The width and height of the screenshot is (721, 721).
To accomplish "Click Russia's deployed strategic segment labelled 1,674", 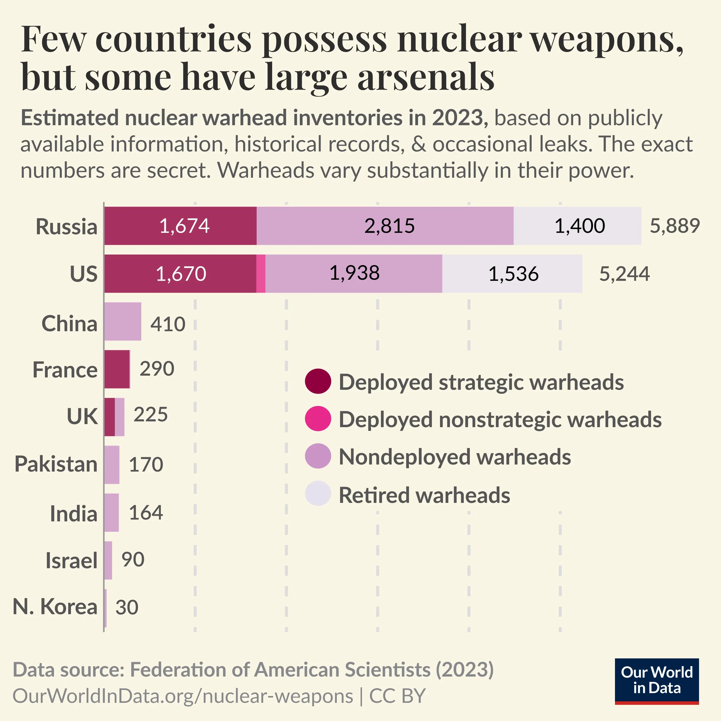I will [180, 226].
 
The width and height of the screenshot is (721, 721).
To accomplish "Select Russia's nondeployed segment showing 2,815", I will [385, 226].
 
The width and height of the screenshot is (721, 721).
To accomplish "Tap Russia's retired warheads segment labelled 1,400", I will [577, 226].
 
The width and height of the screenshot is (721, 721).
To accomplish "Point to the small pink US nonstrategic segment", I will [261, 274].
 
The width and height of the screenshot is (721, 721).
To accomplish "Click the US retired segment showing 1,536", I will [512, 274].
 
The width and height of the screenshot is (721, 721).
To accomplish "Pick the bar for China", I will [122, 321].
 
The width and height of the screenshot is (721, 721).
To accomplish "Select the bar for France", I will [117, 369].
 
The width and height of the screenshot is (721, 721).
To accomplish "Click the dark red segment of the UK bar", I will [109, 417].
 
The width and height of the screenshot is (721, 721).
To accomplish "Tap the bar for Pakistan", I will [112, 465].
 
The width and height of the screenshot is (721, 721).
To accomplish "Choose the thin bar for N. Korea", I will [106, 608].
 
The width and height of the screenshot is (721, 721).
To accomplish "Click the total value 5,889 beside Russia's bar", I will [674, 226].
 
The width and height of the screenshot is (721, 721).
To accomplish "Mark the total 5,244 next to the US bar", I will [624, 274].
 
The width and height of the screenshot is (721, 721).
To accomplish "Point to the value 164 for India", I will [146, 512].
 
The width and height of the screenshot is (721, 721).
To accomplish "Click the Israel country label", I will [71, 560].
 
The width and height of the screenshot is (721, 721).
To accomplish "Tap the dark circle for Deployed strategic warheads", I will [318, 382].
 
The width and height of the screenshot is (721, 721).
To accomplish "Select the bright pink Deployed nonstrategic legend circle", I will [318, 419].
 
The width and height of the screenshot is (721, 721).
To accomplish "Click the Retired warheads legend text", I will [424, 495].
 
